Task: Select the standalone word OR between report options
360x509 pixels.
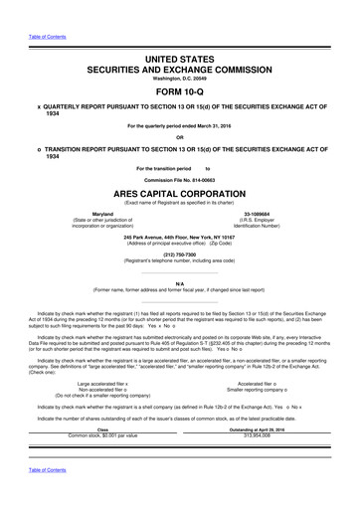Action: coord(180,138)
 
